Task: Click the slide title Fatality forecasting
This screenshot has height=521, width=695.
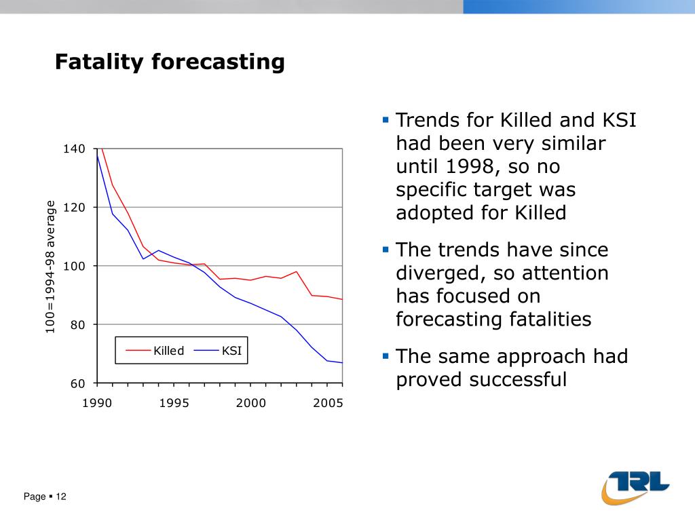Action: click(x=170, y=62)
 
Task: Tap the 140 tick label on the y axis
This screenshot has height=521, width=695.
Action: click(x=74, y=149)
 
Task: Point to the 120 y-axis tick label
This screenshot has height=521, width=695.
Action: click(x=74, y=208)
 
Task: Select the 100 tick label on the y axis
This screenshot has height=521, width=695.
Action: click(x=74, y=266)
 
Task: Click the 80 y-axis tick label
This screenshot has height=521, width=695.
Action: click(x=77, y=325)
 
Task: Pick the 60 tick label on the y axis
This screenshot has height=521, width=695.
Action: click(x=77, y=384)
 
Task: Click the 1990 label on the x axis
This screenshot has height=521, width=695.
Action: click(x=97, y=403)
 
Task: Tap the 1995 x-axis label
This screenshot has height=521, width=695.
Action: click(x=174, y=403)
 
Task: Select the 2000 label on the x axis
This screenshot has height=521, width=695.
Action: click(x=251, y=403)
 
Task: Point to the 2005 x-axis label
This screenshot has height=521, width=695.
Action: click(x=328, y=403)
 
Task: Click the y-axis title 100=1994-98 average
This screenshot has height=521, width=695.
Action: click(x=50, y=267)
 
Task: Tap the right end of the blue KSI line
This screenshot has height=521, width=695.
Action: click(x=342, y=363)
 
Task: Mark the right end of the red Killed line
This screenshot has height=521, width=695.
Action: click(x=342, y=299)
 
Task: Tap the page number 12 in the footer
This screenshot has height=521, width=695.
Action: click(x=61, y=497)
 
